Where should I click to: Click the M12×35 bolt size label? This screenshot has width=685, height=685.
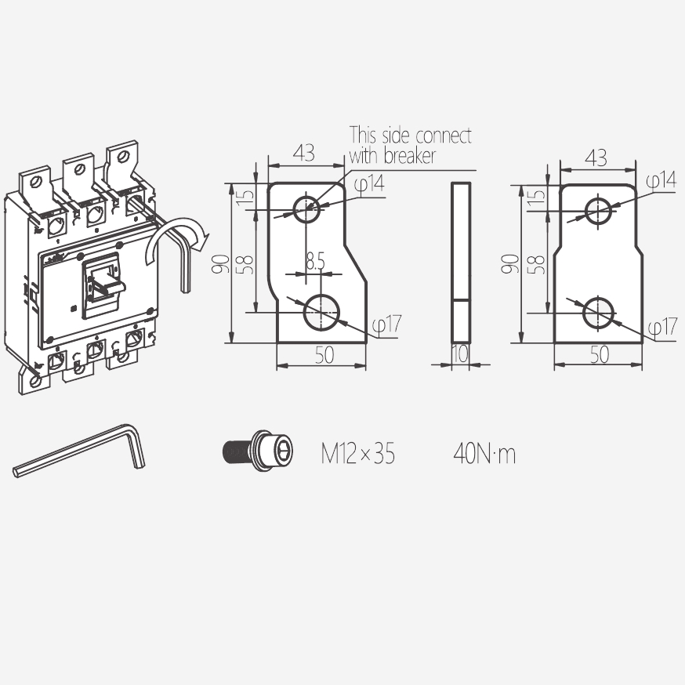[x=358, y=454]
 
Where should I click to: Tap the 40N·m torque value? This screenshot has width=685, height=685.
[x=484, y=454]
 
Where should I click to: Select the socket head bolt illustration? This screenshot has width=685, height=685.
[x=258, y=451]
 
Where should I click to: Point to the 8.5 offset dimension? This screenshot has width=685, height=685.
[x=315, y=261]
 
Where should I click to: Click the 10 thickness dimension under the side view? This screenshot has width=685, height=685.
[x=460, y=353]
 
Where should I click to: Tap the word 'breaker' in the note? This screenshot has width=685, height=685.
[x=410, y=155]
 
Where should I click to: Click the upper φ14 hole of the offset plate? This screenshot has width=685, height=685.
[x=306, y=209]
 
